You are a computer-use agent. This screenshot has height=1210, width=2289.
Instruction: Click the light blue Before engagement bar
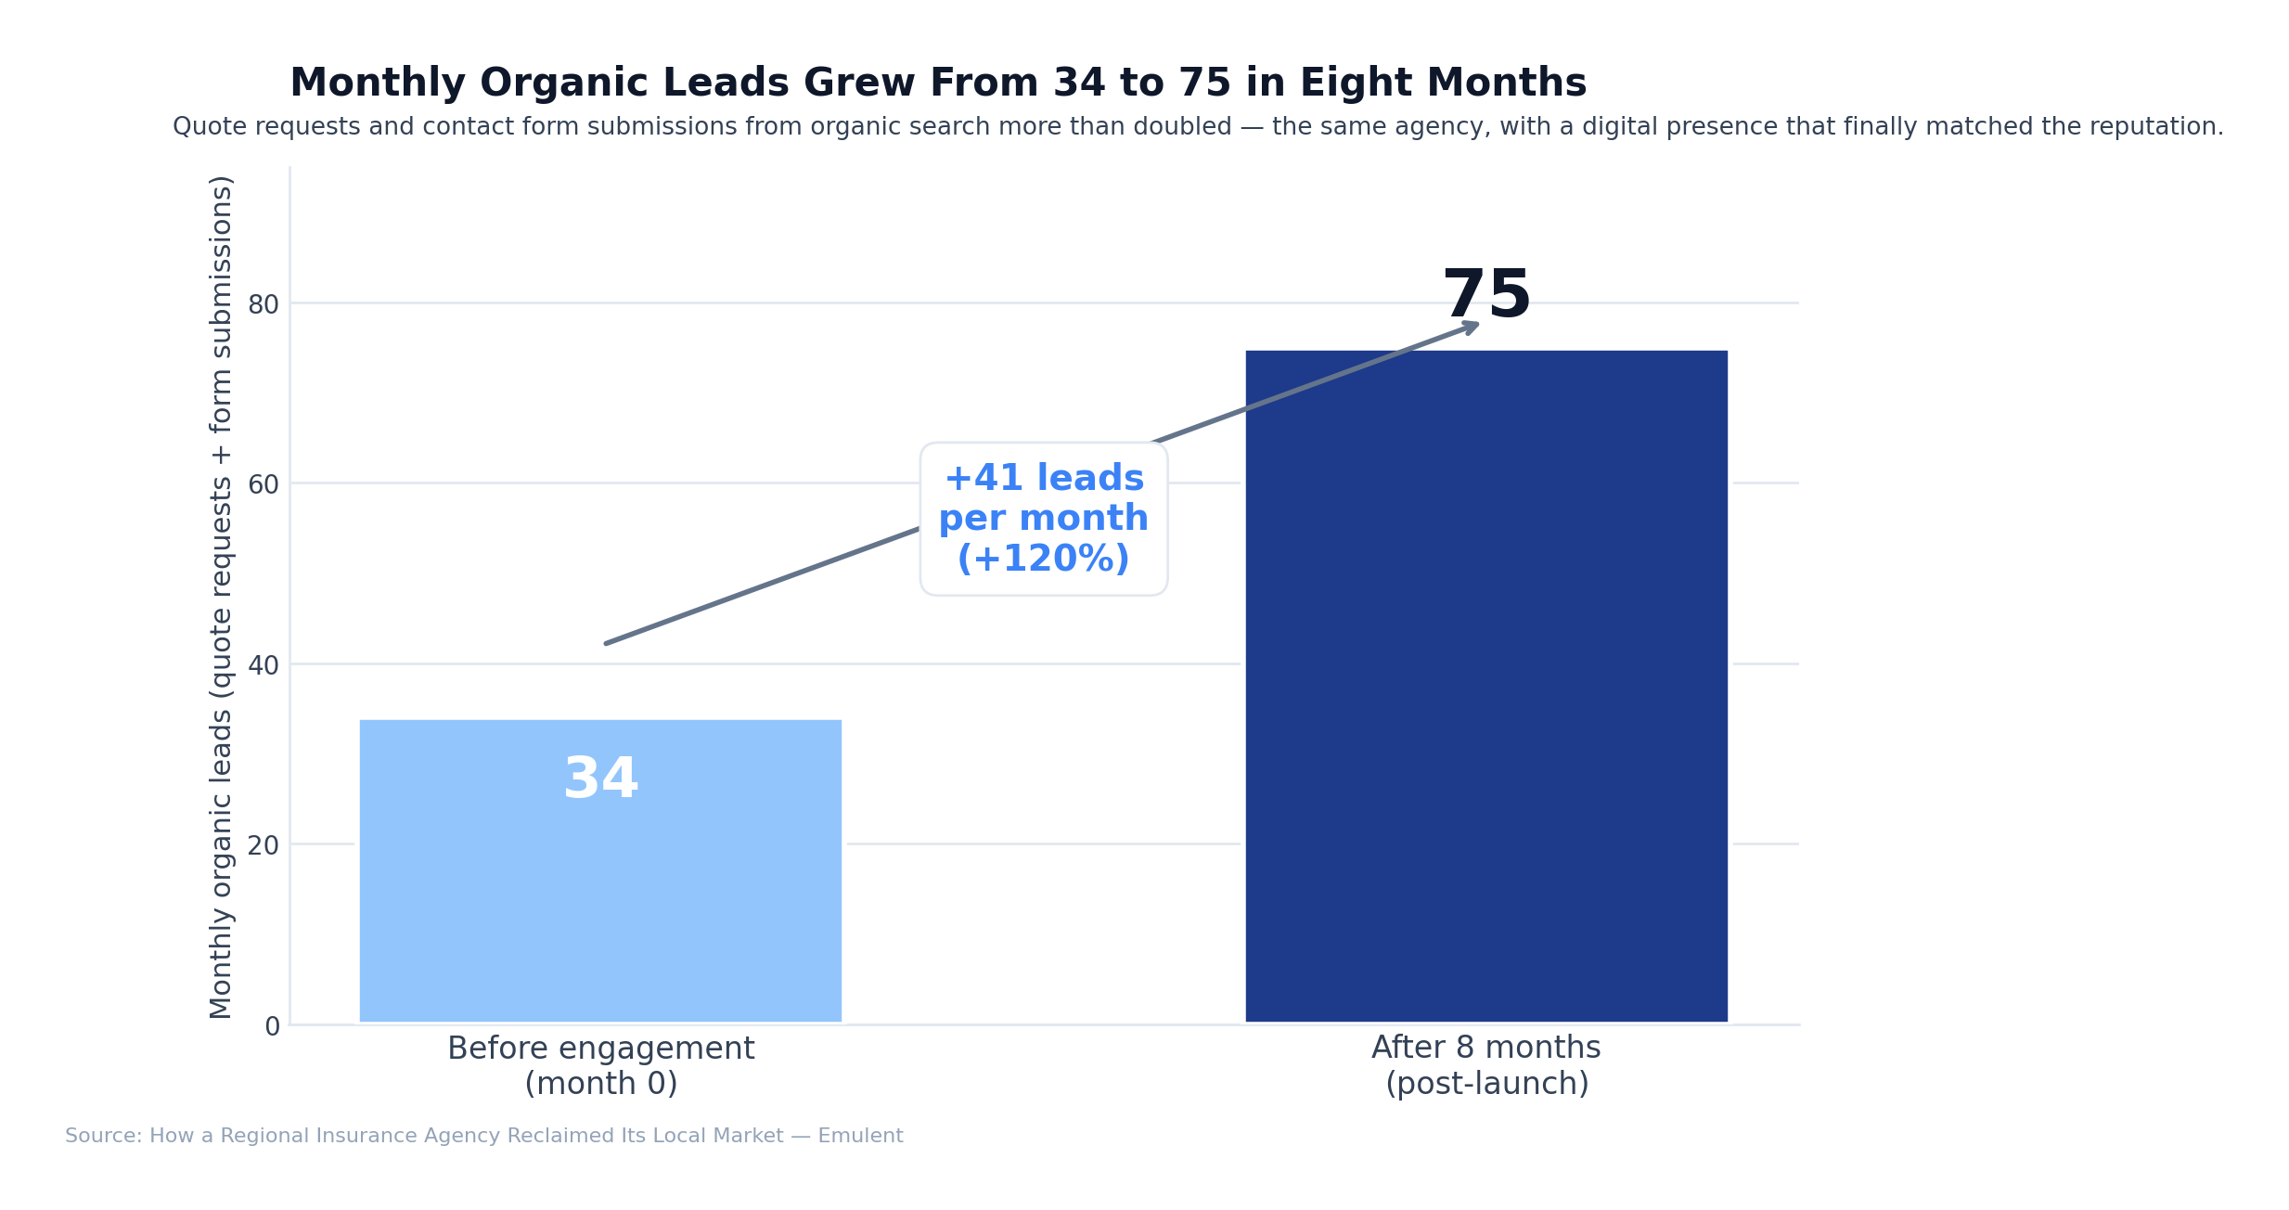[x=600, y=891]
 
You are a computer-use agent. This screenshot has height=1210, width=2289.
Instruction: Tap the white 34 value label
[x=600, y=779]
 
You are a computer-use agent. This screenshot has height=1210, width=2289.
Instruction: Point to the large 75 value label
[x=1486, y=295]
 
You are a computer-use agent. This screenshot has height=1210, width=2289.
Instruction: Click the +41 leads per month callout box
[x=1043, y=519]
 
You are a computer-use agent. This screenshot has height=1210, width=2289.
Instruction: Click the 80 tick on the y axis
[x=264, y=304]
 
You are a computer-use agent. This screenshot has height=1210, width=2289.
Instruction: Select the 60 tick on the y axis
[x=264, y=484]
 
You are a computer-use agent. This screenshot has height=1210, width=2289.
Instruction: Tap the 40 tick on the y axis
[x=264, y=665]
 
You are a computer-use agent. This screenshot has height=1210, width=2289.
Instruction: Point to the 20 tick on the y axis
[x=264, y=845]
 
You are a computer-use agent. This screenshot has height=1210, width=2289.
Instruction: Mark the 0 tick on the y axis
[x=272, y=1026]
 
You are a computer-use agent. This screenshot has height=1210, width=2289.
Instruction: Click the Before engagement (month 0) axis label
[x=600, y=1065]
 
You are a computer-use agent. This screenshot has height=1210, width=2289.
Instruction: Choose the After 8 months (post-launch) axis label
[x=1485, y=1065]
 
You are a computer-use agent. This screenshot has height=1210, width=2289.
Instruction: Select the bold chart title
[x=937, y=83]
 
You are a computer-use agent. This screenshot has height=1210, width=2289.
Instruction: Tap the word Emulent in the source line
[x=860, y=1136]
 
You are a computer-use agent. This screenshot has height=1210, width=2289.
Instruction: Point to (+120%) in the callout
[x=1043, y=559]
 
